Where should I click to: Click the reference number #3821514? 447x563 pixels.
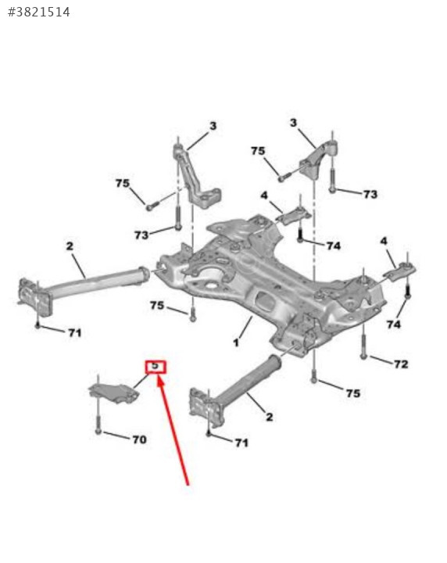click(39, 13)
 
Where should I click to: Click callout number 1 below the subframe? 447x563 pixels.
click(236, 342)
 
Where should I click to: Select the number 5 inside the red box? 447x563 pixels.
click(155, 366)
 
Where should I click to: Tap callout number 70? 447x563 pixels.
click(139, 439)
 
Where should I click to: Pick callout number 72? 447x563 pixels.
click(401, 364)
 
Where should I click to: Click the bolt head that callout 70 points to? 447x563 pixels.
click(98, 431)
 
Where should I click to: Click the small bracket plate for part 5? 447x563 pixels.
click(114, 392)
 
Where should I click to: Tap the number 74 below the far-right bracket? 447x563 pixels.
click(394, 325)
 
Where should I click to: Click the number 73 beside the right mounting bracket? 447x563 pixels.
click(370, 194)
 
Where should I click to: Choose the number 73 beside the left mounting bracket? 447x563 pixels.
click(141, 235)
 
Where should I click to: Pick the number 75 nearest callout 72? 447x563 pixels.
click(353, 393)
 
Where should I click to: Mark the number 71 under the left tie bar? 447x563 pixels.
click(74, 333)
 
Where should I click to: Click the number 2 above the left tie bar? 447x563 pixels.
click(70, 246)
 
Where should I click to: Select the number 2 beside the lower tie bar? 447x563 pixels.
click(269, 417)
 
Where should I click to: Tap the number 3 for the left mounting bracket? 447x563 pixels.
click(213, 126)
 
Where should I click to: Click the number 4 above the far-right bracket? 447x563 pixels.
click(384, 241)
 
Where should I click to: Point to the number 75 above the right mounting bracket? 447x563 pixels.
click(258, 151)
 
